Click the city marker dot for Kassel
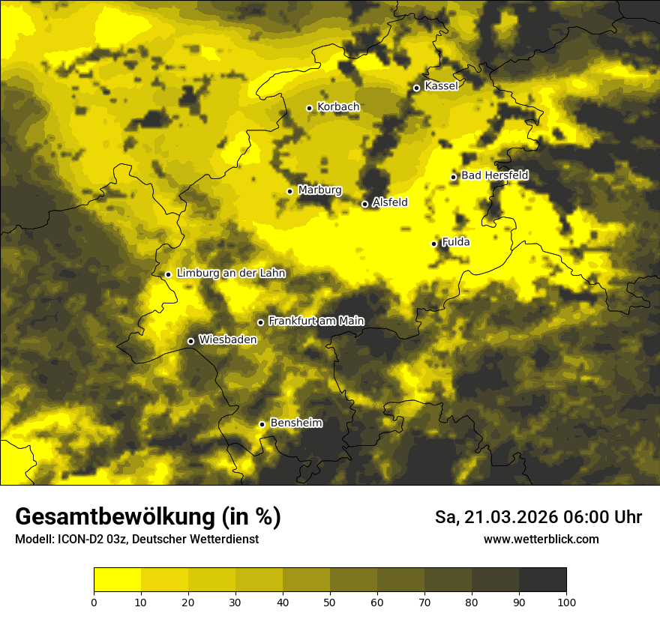[x=416, y=88]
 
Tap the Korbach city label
[x=338, y=107]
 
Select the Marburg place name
[x=319, y=190]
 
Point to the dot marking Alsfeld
[x=364, y=204]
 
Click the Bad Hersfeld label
[x=494, y=175]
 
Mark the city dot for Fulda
[x=433, y=244]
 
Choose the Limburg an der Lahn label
[x=231, y=274]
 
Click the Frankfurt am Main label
[x=316, y=321]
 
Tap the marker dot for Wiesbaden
[x=190, y=341]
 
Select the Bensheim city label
[x=295, y=423]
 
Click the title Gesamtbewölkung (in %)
[x=148, y=517]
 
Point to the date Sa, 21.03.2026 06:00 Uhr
[x=538, y=517]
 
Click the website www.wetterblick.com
[x=541, y=539]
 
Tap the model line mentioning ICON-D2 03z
[x=136, y=539]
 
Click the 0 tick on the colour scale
[x=94, y=602]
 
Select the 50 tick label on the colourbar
[x=330, y=602]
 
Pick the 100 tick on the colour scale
[x=566, y=602]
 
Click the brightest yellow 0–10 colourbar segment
[x=117, y=580]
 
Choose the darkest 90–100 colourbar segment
[x=542, y=580]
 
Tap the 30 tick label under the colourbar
[x=235, y=602]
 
